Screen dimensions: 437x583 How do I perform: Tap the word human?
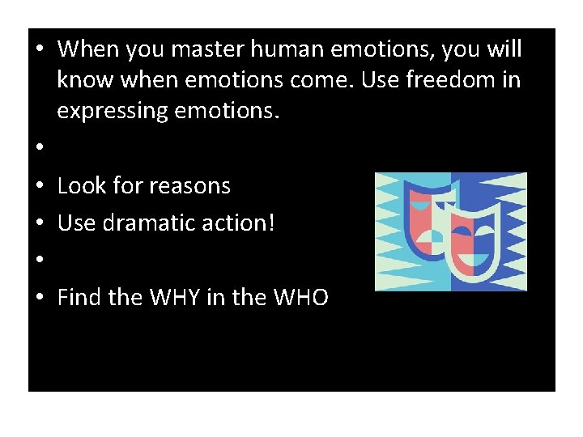pos(283,49)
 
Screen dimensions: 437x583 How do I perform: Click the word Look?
pos(83,186)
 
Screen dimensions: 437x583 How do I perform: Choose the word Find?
pos(79,298)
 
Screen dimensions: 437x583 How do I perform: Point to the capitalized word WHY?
pos(177,298)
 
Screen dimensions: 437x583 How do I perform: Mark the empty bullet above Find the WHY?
pos(39,261)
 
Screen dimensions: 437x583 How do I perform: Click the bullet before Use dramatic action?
pos(39,223)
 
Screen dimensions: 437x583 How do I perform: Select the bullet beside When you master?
pos(39,49)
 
